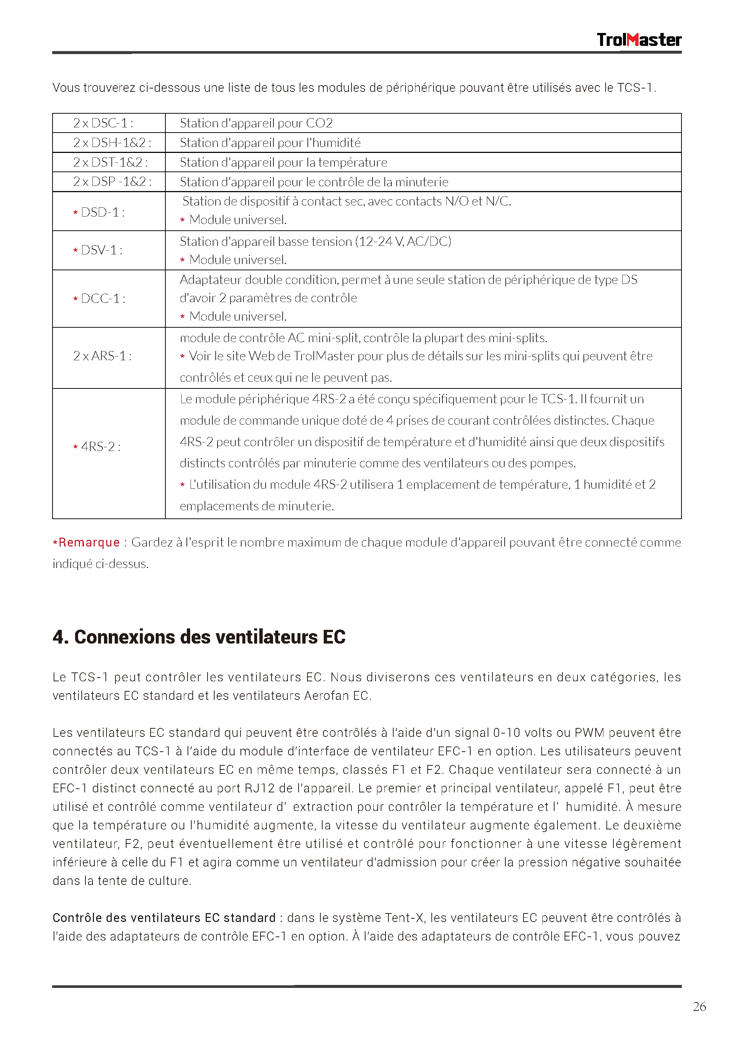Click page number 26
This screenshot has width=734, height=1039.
pyautogui.click(x=699, y=1006)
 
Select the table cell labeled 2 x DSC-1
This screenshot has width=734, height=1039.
pyautogui.click(x=103, y=123)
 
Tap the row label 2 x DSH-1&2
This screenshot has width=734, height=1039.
pyautogui.click(x=112, y=143)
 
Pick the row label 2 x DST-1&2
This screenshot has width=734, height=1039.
pyautogui.click(x=110, y=162)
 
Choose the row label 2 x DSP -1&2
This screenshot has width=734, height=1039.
pyautogui.click(x=112, y=181)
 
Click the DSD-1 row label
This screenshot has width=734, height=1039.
pyautogui.click(x=102, y=212)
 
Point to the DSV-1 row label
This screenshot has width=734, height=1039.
pyautogui.click(x=101, y=250)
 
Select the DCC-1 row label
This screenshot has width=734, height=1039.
pyautogui.click(x=102, y=299)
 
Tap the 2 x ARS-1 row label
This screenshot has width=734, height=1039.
pyautogui.click(x=102, y=356)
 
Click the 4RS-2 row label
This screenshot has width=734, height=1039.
pyautogui.click(x=100, y=447)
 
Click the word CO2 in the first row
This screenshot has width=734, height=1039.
pyautogui.click(x=319, y=123)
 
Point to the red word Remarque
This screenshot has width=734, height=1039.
pyautogui.click(x=89, y=542)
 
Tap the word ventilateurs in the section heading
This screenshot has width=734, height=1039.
pyautogui.click(x=266, y=637)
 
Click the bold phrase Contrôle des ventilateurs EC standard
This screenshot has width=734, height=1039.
pyautogui.click(x=164, y=918)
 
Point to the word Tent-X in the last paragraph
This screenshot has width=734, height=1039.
pyautogui.click(x=405, y=918)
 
